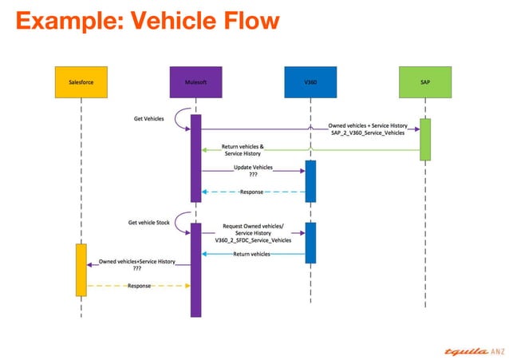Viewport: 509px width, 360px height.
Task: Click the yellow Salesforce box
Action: (81, 82)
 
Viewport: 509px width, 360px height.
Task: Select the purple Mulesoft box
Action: (195, 82)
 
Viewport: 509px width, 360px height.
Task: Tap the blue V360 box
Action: (310, 82)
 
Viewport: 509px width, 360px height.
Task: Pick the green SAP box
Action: (425, 82)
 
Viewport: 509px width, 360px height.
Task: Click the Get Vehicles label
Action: (148, 119)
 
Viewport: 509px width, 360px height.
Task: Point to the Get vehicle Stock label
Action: (148, 223)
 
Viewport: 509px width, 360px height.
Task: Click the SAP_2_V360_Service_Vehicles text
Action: (368, 133)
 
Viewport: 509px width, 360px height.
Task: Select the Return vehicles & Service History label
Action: (243, 150)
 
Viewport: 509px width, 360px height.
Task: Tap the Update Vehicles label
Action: (253, 168)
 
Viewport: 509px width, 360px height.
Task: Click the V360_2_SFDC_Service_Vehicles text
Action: (253, 240)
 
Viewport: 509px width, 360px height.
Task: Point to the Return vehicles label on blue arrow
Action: (251, 254)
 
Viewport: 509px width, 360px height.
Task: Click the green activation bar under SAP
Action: (425, 140)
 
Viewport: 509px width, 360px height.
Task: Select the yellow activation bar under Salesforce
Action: (81, 270)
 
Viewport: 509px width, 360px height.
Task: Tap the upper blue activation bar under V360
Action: (310, 181)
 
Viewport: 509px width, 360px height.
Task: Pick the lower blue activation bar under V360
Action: (310, 243)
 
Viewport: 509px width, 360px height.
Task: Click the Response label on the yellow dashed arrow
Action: (139, 286)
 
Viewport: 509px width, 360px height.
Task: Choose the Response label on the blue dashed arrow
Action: (251, 192)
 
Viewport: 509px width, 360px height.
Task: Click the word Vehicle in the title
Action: (172, 21)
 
